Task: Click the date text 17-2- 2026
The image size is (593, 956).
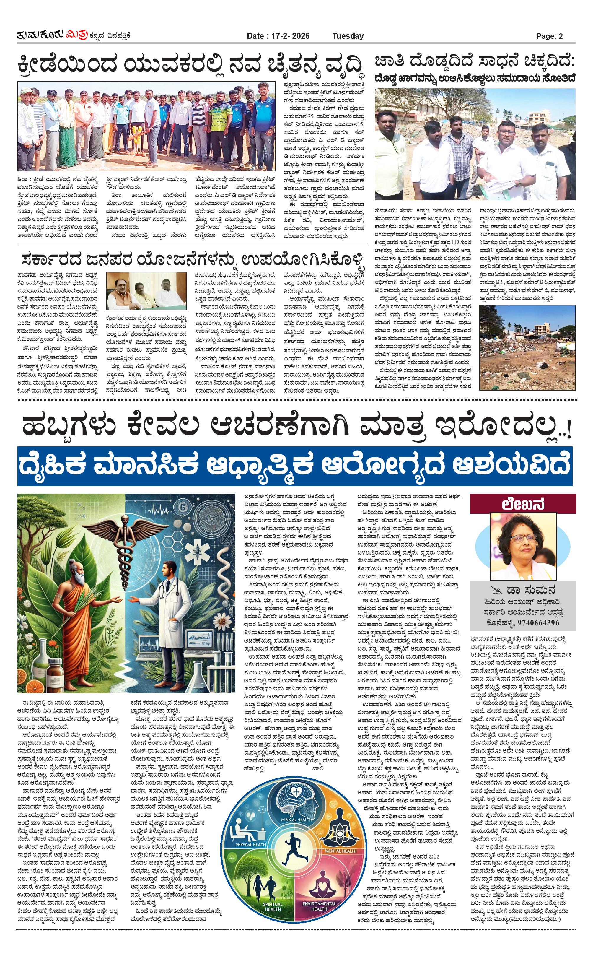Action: coord(290,36)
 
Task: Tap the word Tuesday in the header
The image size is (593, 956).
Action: coord(348,36)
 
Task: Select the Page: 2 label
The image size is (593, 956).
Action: coord(550,36)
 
